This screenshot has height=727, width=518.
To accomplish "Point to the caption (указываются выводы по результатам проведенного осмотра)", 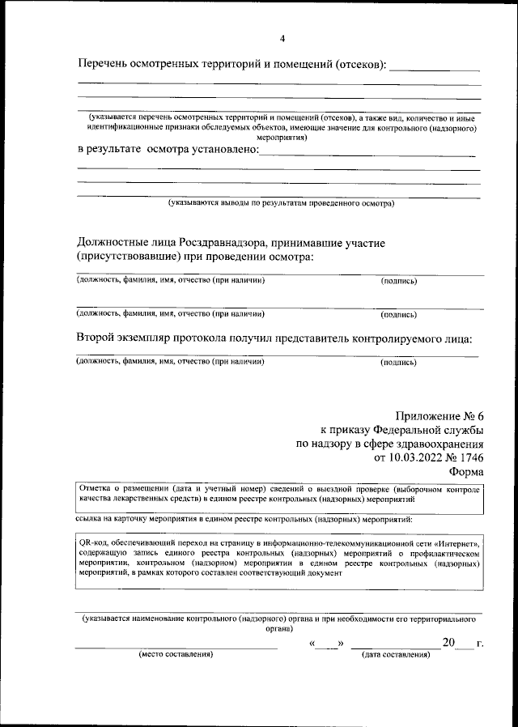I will pyautogui.click(x=281, y=203).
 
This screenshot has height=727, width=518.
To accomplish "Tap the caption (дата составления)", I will pyautogui.click(x=396, y=653).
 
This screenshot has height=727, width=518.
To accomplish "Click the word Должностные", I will pyautogui.click(x=115, y=242).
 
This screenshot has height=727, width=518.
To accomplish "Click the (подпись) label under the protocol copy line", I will pyautogui.click(x=399, y=362).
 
